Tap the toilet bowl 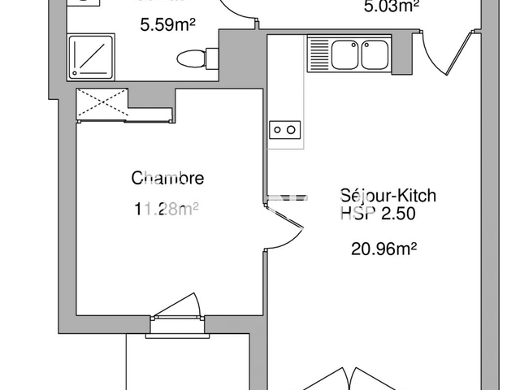[190, 58]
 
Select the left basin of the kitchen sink [344, 55]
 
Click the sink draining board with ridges [318, 55]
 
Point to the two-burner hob [285, 129]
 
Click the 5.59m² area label [168, 25]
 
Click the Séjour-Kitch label [388, 196]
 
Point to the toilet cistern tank [213, 58]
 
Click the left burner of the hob [278, 129]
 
